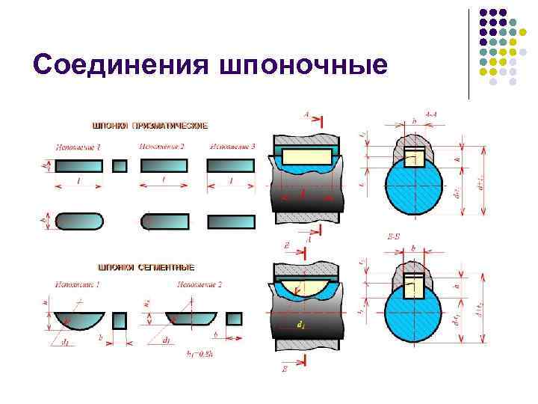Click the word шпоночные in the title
click(x=303, y=65)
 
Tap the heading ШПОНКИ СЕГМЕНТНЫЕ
click(x=146, y=266)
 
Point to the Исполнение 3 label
click(x=232, y=146)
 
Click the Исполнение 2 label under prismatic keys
click(x=161, y=146)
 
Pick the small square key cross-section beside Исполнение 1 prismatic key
click(x=120, y=166)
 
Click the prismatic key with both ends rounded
click(x=78, y=221)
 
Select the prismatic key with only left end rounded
click(x=165, y=221)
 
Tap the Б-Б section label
click(x=392, y=236)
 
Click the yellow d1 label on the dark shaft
click(x=300, y=326)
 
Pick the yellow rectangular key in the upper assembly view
click(x=305, y=156)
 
